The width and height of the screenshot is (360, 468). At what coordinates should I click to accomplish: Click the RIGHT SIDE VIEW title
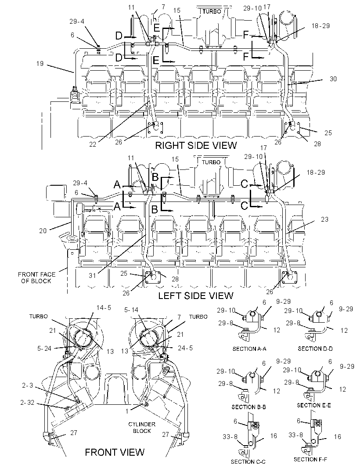pyautogui.click(x=196, y=145)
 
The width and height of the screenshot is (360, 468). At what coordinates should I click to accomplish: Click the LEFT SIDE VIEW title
pyautogui.click(x=196, y=295)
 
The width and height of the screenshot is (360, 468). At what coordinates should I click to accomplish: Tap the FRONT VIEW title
pyautogui.click(x=115, y=452)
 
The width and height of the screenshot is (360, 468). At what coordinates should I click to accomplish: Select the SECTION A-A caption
pyautogui.click(x=249, y=349)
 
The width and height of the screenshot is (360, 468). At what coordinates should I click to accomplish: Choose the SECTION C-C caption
pyautogui.click(x=248, y=461)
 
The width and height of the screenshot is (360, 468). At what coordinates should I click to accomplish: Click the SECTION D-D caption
pyautogui.click(x=315, y=349)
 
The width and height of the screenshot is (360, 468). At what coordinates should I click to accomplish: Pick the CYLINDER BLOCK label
pyautogui.click(x=142, y=428)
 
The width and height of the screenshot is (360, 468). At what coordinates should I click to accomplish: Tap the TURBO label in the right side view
pyautogui.click(x=212, y=11)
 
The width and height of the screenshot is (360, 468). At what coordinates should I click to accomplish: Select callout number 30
pyautogui.click(x=333, y=79)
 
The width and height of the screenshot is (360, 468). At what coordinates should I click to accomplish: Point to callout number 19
pyautogui.click(x=40, y=64)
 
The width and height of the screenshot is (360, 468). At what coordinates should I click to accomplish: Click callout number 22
pyautogui.click(x=93, y=144)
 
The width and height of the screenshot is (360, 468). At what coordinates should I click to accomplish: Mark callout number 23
pyautogui.click(x=324, y=220)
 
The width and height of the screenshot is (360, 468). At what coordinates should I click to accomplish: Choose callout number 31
pyautogui.click(x=92, y=275)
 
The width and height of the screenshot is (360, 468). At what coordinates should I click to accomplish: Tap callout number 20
pyautogui.click(x=43, y=230)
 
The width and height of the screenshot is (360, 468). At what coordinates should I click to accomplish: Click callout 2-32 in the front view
pyautogui.click(x=28, y=403)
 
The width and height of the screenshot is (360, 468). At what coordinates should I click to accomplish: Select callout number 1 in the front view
pyautogui.click(x=127, y=411)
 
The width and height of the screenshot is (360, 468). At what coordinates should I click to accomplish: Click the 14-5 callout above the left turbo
pyautogui.click(x=104, y=308)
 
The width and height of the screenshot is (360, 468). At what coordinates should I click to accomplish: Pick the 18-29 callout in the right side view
pyautogui.click(x=320, y=26)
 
